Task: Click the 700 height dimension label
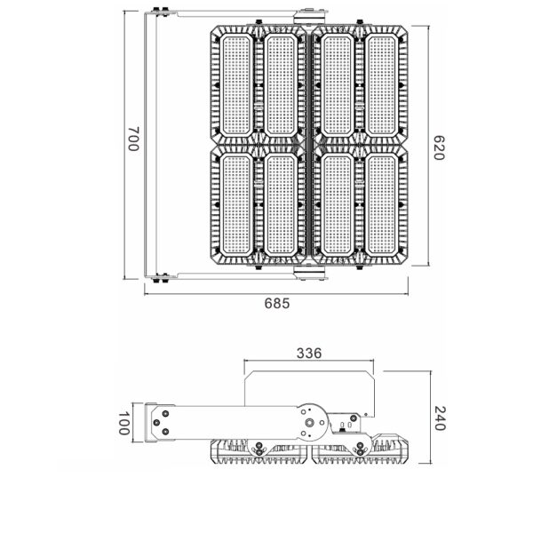133,140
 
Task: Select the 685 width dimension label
276,303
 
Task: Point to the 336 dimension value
308,353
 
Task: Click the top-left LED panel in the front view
236,84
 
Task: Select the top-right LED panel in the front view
383,84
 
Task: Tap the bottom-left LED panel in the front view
236,204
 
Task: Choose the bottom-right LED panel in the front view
383,204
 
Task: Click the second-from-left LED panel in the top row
282,84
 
